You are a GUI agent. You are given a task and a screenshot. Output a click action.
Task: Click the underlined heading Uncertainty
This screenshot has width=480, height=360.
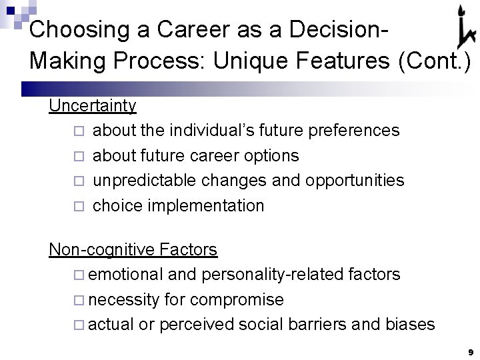93,105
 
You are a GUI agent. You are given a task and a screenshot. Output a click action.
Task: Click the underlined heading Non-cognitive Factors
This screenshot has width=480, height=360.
133,249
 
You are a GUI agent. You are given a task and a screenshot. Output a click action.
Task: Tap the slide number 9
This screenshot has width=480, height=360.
470,351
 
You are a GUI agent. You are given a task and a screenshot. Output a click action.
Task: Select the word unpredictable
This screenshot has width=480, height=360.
151,181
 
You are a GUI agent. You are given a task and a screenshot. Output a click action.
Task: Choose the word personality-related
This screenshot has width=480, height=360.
267,275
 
